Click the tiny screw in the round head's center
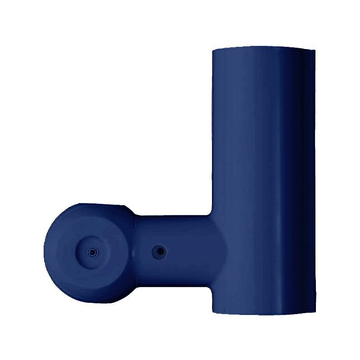click(x=92, y=252)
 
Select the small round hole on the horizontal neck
click(x=158, y=251)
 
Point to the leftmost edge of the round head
click(x=45, y=252)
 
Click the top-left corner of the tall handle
click(x=212, y=51)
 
